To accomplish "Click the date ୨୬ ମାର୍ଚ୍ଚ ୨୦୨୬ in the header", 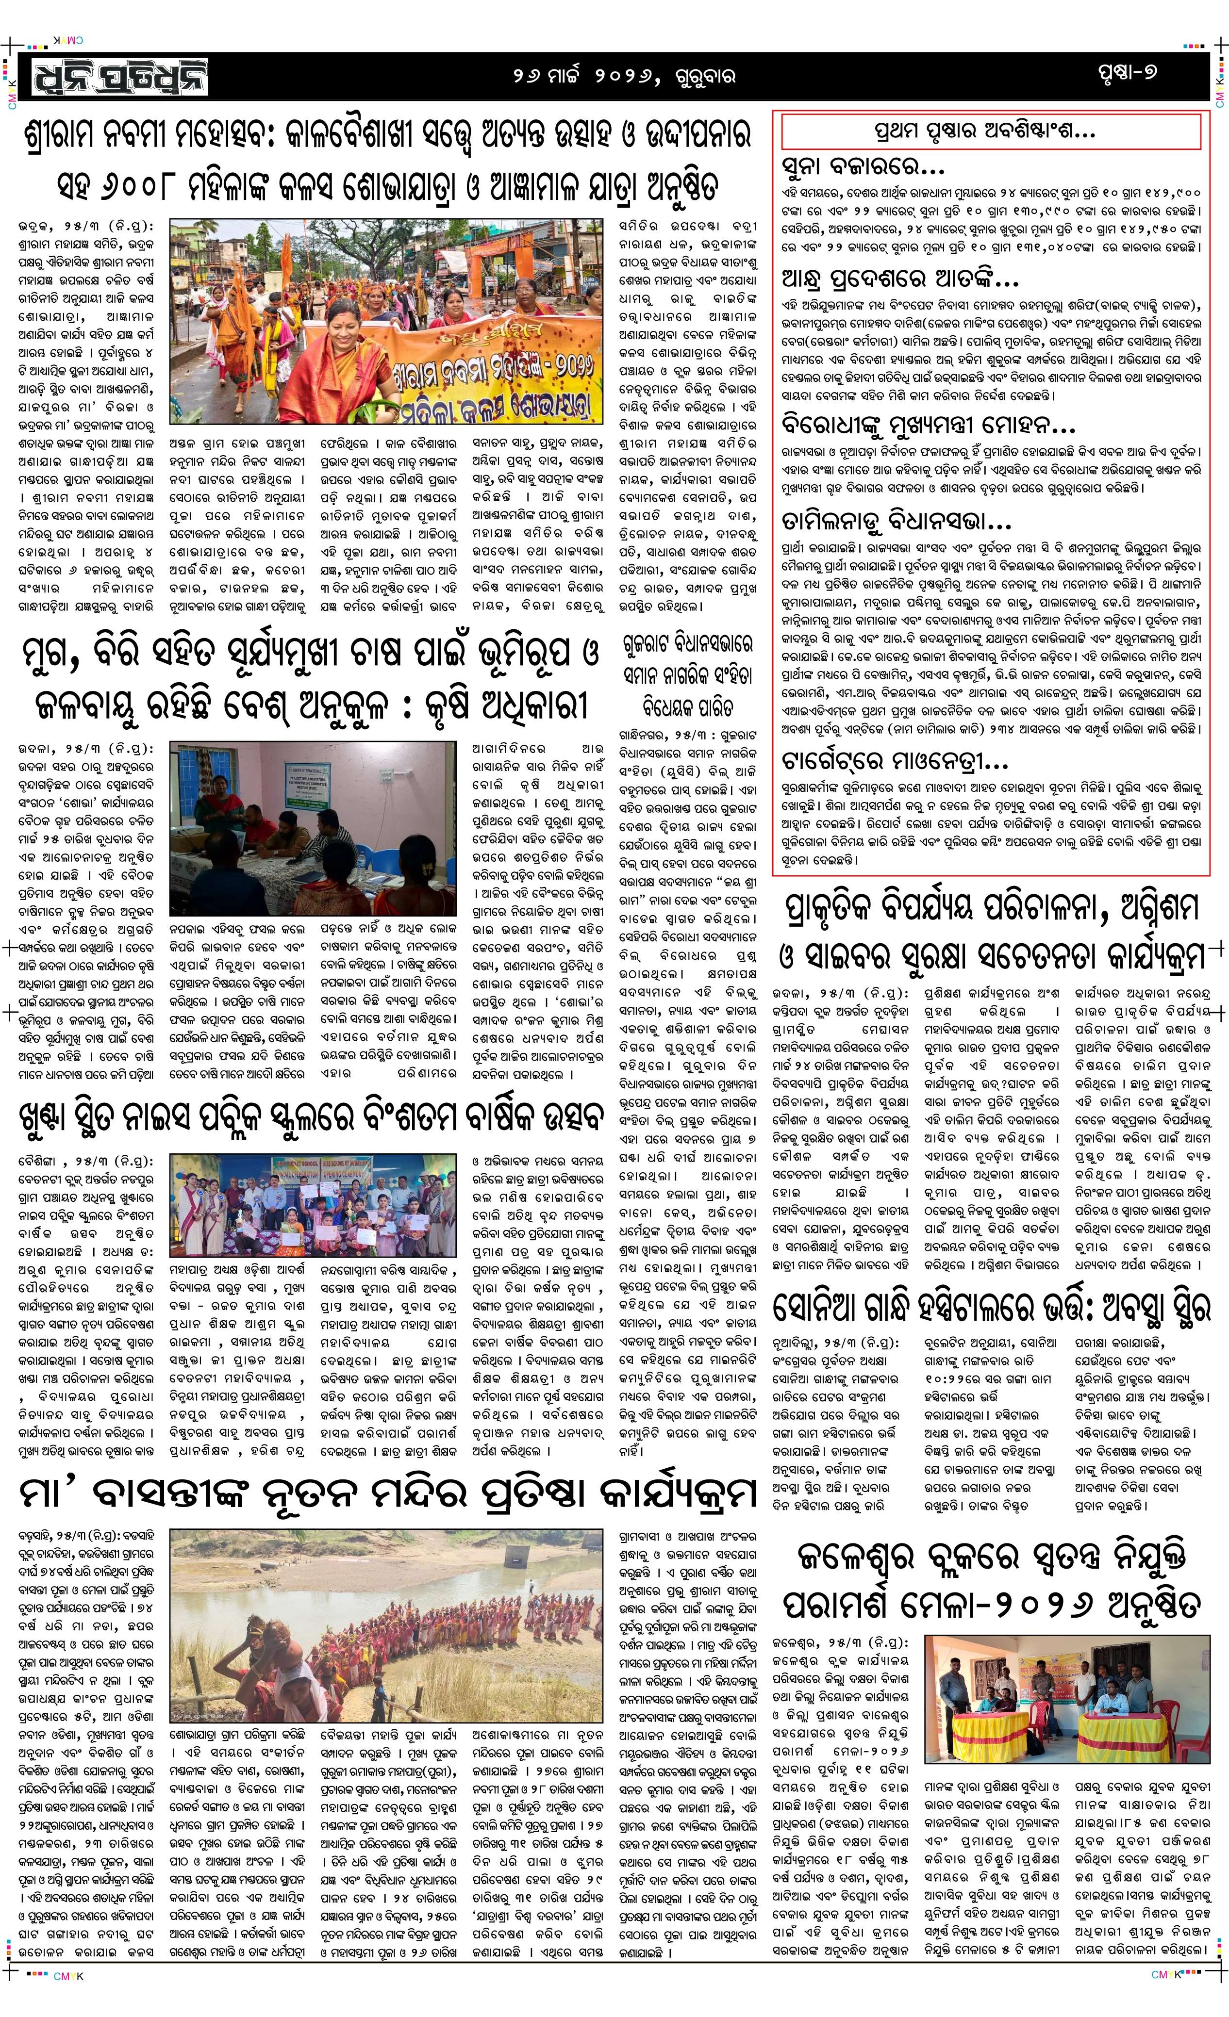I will (583, 76).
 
